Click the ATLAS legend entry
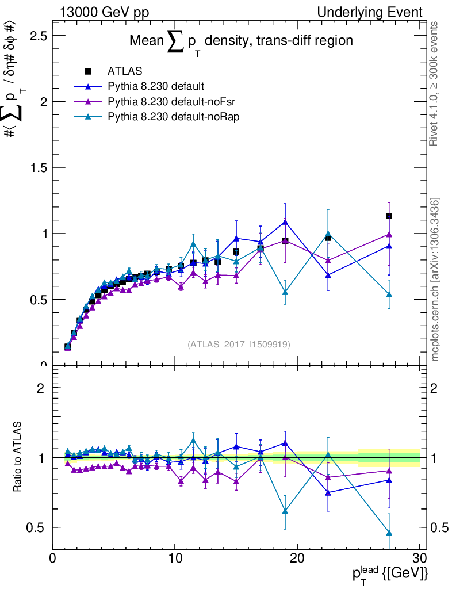pyautogui.click(x=124, y=72)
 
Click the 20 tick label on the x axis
pyautogui.click(x=297, y=558)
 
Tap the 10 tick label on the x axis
pyautogui.click(x=175, y=558)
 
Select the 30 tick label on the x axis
pyautogui.click(x=420, y=558)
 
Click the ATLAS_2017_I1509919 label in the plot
pyautogui.click(x=239, y=345)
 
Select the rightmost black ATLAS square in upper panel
pyautogui.click(x=389, y=216)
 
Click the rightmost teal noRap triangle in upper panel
pyautogui.click(x=389, y=294)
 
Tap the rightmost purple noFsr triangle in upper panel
pyautogui.click(x=389, y=234)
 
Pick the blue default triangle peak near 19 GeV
pyautogui.click(x=285, y=221)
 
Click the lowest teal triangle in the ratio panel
pyautogui.click(x=389, y=533)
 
